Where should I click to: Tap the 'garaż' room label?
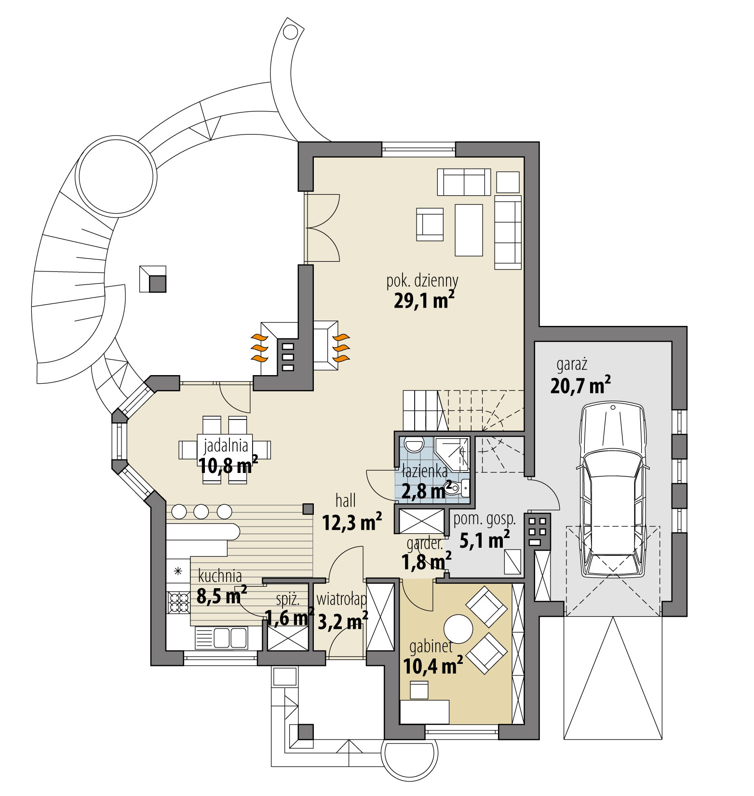click(x=572, y=365)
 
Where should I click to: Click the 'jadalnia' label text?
click(x=226, y=445)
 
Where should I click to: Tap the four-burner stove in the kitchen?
click(x=178, y=602)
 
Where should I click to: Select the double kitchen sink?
click(x=221, y=638)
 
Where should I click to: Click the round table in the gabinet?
click(x=458, y=629)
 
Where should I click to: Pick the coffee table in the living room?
click(x=469, y=229)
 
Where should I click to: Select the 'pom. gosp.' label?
click(x=485, y=519)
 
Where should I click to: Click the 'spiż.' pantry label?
click(x=288, y=599)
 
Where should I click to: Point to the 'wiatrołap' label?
click(x=341, y=600)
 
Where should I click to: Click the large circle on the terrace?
click(x=117, y=176)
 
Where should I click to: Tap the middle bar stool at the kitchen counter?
click(x=202, y=511)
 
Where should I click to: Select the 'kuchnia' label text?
click(x=220, y=576)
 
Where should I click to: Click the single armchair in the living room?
click(x=430, y=224)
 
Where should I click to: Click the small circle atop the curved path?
click(x=290, y=31)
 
